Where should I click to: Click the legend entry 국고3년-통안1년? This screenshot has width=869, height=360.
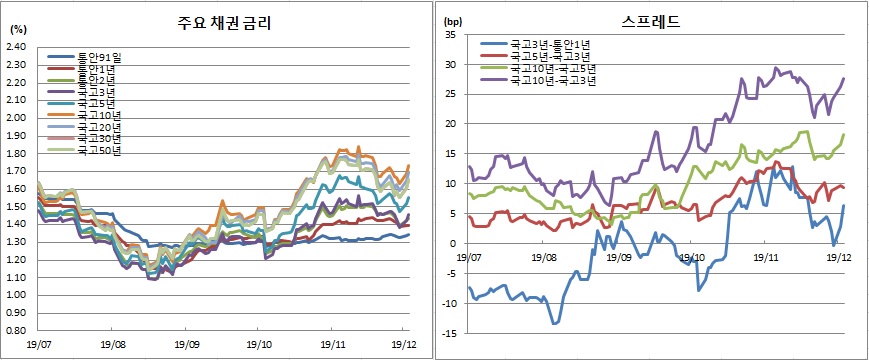click(x=548, y=44)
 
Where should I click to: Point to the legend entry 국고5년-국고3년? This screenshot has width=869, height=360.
click(x=548, y=56)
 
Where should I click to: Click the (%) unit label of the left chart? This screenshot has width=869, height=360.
click(x=17, y=31)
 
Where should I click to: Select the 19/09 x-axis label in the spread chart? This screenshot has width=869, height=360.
click(x=617, y=257)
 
